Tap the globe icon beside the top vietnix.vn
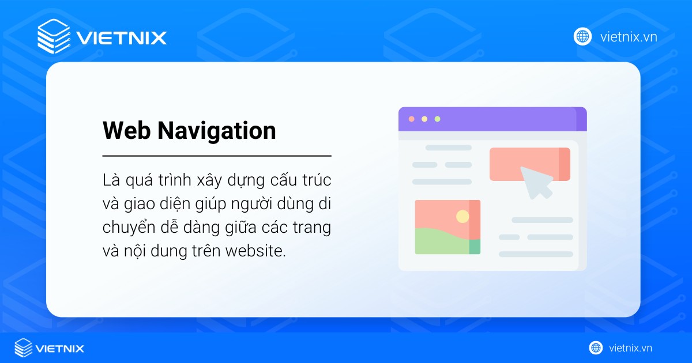point(582,36)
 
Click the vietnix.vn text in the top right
point(628,37)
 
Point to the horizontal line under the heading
point(217,156)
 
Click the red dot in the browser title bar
point(411,119)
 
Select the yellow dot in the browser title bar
point(424,119)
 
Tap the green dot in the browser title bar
point(437,119)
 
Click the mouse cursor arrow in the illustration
point(536,181)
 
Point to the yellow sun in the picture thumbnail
point(462,216)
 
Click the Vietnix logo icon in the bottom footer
point(24,348)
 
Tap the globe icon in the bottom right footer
point(596,348)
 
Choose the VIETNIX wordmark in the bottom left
point(60,349)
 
